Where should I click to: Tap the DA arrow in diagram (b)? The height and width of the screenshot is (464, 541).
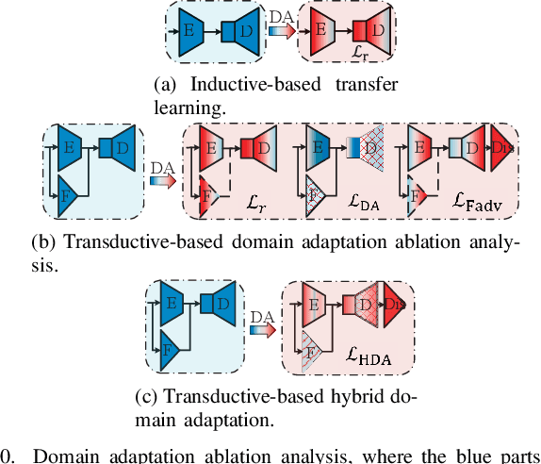pyautogui.click(x=161, y=175)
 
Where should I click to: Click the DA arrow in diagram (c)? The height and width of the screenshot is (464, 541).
pyautogui.click(x=261, y=328)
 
